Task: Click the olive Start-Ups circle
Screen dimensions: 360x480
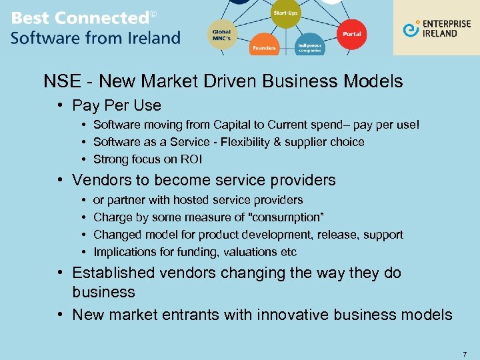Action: point(285,14)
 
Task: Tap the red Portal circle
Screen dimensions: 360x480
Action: point(351,33)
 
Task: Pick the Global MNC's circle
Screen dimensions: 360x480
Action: point(222,33)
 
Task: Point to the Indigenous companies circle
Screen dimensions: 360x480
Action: point(310,45)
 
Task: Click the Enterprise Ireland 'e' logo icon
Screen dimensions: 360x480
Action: point(411,29)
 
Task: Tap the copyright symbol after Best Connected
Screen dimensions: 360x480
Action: point(153,14)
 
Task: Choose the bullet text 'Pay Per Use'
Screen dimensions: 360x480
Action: point(117,105)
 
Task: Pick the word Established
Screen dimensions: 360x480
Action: point(113,273)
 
